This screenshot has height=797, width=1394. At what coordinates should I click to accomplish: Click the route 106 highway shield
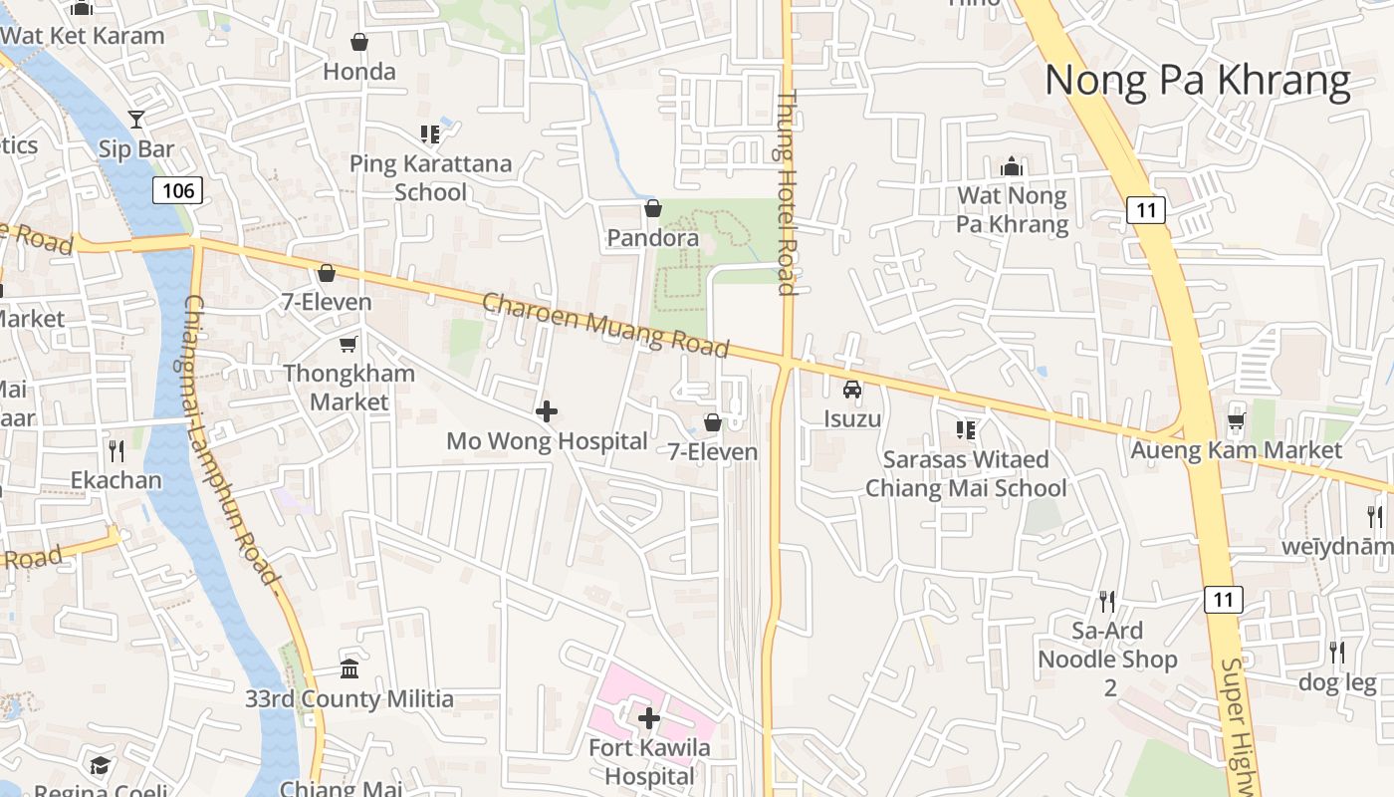[177, 190]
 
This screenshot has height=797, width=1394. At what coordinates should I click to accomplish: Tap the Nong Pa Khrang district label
[1197, 81]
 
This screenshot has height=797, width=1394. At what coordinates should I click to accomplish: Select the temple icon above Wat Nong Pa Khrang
[1012, 165]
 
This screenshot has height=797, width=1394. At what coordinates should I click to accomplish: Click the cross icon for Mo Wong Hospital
[546, 410]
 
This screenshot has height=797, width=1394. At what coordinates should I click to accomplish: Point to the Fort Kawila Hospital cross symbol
[649, 717]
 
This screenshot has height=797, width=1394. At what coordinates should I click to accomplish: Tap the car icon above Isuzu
[852, 390]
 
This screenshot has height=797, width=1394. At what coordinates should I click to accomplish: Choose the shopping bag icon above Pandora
[653, 208]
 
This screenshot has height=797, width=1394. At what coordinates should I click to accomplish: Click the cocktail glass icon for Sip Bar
[136, 120]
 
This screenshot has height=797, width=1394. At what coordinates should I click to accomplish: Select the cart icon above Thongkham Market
[348, 344]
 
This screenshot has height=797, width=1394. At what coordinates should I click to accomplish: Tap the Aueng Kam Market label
[1236, 450]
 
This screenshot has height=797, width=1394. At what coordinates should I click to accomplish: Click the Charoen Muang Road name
[605, 325]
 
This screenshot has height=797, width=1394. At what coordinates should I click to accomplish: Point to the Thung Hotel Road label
[787, 193]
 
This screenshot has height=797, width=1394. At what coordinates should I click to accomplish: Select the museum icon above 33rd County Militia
[348, 668]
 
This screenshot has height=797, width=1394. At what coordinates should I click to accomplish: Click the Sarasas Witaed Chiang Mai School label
[965, 473]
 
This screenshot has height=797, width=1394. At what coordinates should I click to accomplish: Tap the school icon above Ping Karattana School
[430, 133]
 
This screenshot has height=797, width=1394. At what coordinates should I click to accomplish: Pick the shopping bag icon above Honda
[359, 42]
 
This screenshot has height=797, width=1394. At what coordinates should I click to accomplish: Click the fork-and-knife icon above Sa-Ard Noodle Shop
[1107, 601]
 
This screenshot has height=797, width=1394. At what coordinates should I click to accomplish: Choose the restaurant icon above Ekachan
[116, 451]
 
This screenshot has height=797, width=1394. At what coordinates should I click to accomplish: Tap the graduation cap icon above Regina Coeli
[100, 765]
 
